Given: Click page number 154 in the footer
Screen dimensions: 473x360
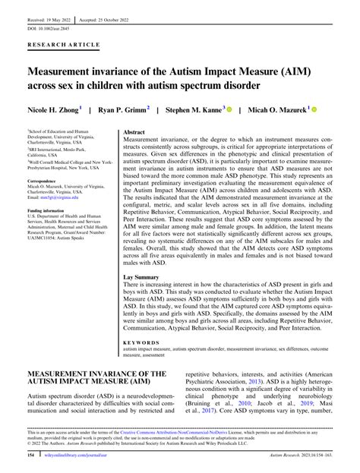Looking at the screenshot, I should [x=31, y=460].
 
